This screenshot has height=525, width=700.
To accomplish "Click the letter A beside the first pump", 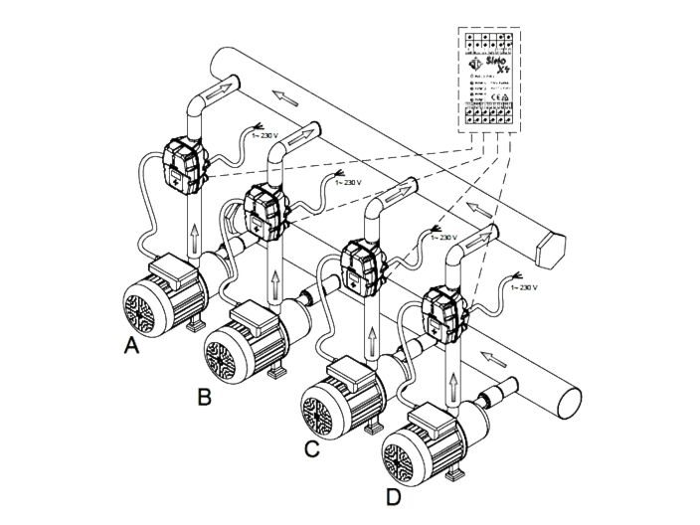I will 130,347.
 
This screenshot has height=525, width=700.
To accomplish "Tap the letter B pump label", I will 204,399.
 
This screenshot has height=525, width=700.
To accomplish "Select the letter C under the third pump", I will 311,448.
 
